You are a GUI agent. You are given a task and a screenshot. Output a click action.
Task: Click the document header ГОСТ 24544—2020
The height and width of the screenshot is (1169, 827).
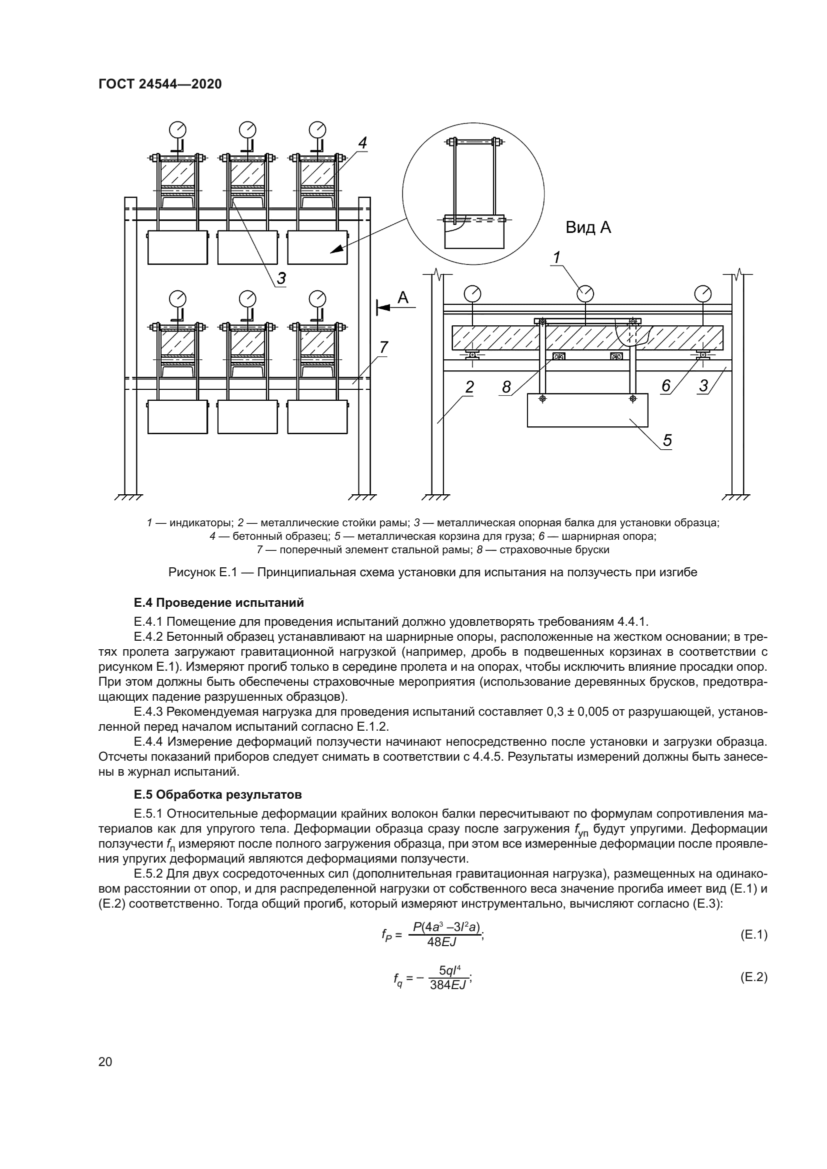pos(160,84)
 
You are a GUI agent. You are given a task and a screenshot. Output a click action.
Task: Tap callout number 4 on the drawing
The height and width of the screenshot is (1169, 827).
pos(362,143)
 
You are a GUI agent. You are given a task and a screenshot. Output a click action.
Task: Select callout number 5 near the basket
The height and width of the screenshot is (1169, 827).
pos(667,440)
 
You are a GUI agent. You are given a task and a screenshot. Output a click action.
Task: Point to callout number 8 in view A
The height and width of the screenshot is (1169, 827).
pos(505,387)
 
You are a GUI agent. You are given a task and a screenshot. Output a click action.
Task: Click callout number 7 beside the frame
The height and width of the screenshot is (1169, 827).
pos(383,347)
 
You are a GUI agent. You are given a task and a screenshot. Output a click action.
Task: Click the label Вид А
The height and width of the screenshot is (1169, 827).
pos(588,227)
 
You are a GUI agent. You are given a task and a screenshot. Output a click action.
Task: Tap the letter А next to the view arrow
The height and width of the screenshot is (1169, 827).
pos(403,297)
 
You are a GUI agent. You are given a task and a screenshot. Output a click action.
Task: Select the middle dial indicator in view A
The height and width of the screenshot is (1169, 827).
pos(585,293)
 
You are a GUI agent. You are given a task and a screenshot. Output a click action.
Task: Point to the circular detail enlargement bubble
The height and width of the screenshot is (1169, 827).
pos(473,193)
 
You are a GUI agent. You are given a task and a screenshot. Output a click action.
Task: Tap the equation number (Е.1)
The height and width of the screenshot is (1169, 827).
pos(753,935)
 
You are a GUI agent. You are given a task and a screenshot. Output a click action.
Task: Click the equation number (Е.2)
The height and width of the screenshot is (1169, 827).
pos(753,977)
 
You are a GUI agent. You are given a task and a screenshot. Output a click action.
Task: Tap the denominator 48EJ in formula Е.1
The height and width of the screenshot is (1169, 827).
pos(441,942)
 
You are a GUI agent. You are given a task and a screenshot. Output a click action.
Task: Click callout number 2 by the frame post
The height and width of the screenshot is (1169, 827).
pos(469,387)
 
